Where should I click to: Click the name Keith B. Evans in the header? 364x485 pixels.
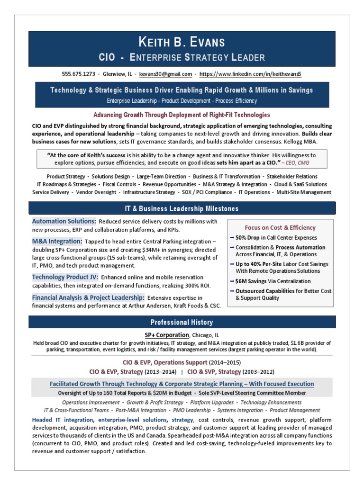(x=182, y=42)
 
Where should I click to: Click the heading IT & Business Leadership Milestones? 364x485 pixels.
(x=182, y=208)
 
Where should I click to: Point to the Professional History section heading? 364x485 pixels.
(x=182, y=323)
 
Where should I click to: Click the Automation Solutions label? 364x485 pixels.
(x=64, y=221)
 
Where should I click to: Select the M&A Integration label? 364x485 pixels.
(x=57, y=241)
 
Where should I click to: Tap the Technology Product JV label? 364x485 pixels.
(x=65, y=277)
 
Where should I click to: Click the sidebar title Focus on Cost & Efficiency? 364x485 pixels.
(x=280, y=227)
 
